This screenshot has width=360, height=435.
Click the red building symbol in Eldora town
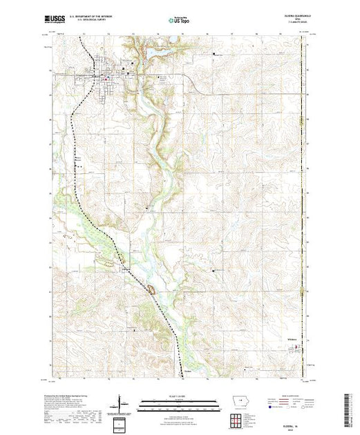pos(104,79)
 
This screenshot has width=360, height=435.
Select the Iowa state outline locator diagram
pos(235,402)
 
